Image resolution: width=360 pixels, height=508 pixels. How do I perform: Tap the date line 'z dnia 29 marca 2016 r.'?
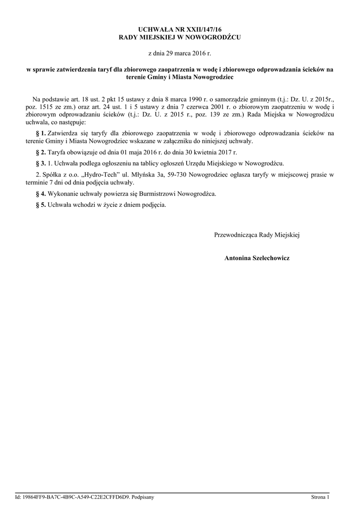tap(180, 53)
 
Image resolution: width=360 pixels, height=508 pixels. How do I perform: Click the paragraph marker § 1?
tap(41, 133)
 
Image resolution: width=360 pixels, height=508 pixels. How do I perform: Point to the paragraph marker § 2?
tap(41, 152)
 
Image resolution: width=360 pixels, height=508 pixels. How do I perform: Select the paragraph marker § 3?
tap(41, 163)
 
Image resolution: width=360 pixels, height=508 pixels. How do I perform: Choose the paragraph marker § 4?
tap(41, 193)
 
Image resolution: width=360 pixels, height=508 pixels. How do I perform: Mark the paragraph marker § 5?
tap(41, 204)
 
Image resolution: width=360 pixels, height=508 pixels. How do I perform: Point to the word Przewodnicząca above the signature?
tap(236, 235)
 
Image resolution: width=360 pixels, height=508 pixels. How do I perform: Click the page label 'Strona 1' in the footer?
tap(320, 497)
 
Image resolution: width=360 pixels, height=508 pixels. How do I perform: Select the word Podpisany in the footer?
tap(142, 497)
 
